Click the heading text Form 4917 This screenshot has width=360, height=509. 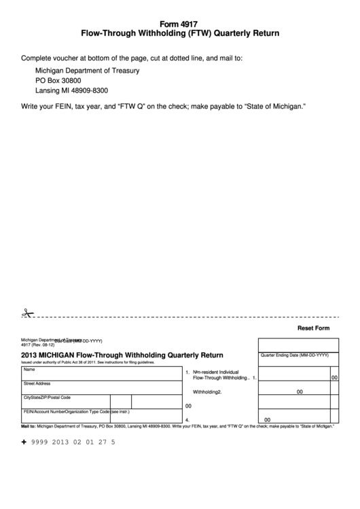180,22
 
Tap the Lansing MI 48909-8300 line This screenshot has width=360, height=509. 71,90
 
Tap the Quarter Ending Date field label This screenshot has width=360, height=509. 295,355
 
